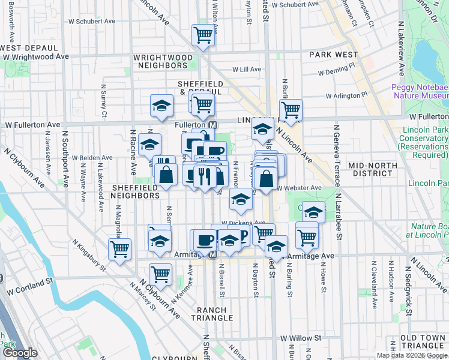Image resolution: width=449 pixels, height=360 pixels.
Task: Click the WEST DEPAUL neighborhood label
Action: [x=29, y=47]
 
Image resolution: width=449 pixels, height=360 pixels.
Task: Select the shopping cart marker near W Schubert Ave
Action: [x=203, y=35]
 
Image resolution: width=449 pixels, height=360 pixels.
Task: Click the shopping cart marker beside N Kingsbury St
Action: [x=119, y=248]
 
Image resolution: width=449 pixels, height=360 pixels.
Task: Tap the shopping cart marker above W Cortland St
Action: [x=160, y=274]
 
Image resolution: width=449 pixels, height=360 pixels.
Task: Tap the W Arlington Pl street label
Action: [x=346, y=95]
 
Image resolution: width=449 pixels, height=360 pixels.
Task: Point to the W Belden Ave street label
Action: [x=92, y=158]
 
